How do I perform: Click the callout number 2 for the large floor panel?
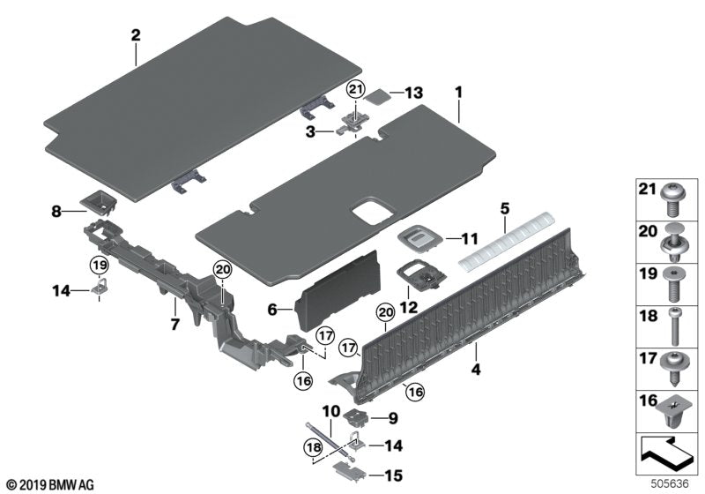click(x=135, y=35)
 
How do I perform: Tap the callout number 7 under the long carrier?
click(x=174, y=326)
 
